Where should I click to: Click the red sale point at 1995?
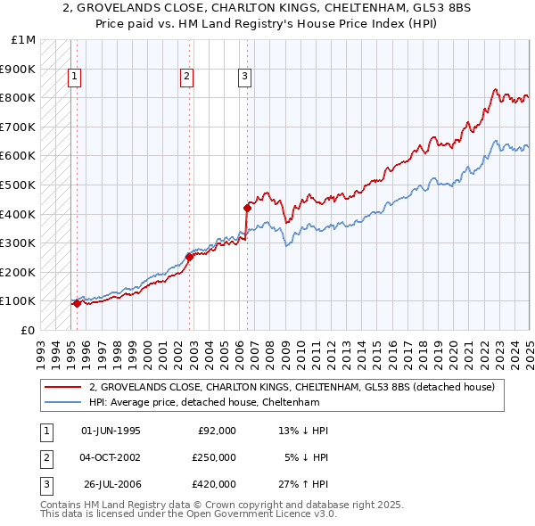click(x=77, y=303)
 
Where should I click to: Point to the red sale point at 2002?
click(x=190, y=257)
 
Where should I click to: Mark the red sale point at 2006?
click(x=247, y=208)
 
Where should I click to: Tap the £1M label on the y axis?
click(x=24, y=40)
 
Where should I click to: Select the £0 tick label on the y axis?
click(x=29, y=330)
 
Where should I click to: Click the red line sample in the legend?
click(x=63, y=388)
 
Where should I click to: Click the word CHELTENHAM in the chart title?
click(x=295, y=11)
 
